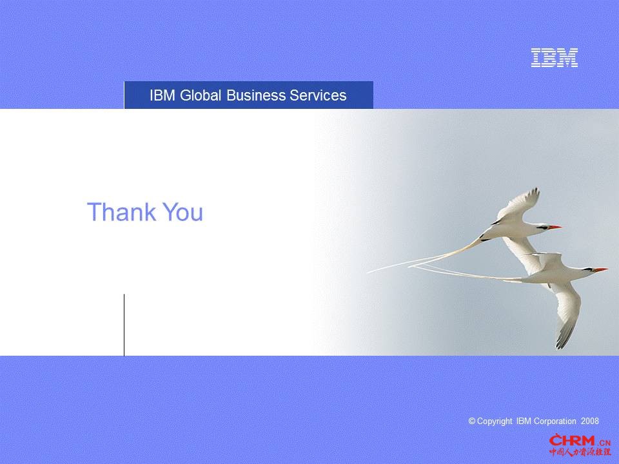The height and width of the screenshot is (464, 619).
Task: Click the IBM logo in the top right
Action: pos(555,57)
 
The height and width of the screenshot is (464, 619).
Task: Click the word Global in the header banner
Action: pos(200,95)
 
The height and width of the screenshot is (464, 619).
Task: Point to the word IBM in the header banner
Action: pos(162,95)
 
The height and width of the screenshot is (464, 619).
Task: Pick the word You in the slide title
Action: pos(182,212)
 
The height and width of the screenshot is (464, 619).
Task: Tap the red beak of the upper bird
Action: pos(555,227)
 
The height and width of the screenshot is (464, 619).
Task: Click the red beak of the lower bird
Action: pos(601,270)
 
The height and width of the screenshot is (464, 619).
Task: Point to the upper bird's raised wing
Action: pos(517,205)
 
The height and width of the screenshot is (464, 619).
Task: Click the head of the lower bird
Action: pos(587,270)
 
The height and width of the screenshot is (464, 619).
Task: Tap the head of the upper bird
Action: pos(542,227)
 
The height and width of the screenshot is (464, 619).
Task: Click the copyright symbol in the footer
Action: pos(472,421)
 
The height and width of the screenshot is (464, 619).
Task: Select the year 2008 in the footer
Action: pos(590,421)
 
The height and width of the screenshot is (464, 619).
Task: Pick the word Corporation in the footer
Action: pos(555,421)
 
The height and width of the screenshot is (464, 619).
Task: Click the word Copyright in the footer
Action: pos(495,421)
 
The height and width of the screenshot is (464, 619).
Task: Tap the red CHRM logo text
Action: pos(572,440)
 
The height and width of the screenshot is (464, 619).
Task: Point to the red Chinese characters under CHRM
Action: pos(580,452)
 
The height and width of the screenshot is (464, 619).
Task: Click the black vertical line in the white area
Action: pos(124,325)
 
